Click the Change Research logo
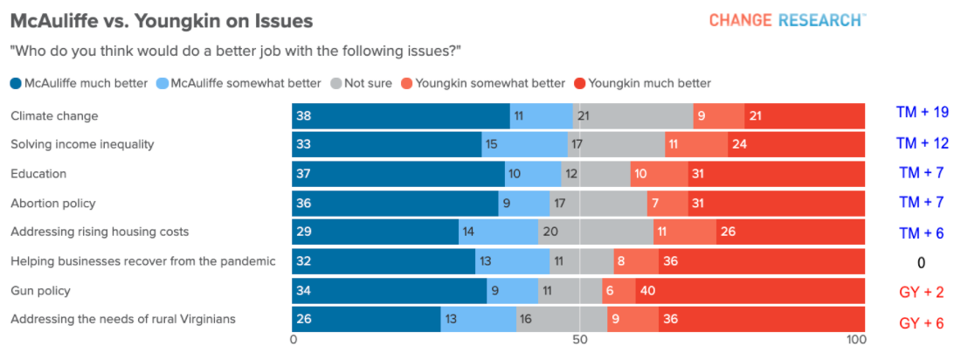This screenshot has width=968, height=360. [787, 20]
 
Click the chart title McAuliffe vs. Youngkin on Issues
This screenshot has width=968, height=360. [161, 19]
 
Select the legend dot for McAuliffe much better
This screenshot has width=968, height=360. [16, 84]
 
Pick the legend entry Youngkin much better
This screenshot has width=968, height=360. [642, 84]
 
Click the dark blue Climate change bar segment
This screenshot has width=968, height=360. [401, 115]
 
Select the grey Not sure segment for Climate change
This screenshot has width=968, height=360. [633, 115]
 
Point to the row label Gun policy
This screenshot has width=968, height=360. [40, 290]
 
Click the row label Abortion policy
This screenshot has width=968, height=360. [52, 203]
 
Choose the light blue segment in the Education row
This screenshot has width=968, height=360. [533, 174]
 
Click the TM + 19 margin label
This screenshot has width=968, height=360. [922, 113]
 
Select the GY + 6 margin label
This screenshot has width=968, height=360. [922, 323]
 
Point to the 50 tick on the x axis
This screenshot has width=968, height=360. [578, 340]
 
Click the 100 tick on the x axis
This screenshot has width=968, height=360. [856, 340]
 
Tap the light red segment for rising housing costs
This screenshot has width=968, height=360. [684, 232]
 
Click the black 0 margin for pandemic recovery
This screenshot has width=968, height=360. [921, 262]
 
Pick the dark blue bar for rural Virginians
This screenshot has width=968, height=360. [366, 320]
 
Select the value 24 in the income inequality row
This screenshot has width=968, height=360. [739, 145]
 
